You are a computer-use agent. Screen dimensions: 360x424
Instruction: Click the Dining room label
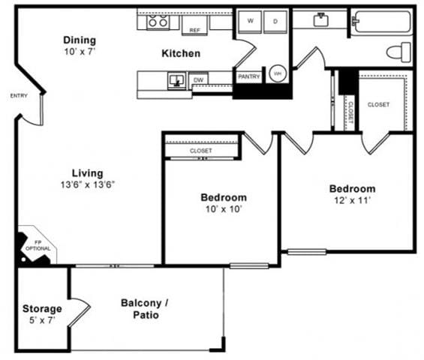click(79, 40)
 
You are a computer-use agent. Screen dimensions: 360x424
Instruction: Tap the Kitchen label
click(181, 53)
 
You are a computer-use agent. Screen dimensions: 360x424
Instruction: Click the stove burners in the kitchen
click(158, 22)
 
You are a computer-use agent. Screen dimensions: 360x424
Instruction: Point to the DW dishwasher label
click(199, 79)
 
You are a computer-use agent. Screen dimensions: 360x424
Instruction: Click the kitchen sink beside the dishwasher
click(177, 79)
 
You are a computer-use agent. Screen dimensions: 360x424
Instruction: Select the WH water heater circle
click(278, 73)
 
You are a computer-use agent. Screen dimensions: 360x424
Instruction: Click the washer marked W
click(250, 22)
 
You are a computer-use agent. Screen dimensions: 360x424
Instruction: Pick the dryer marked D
click(275, 22)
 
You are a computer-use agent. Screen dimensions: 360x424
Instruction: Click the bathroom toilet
click(400, 51)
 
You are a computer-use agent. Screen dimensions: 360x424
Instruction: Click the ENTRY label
click(19, 95)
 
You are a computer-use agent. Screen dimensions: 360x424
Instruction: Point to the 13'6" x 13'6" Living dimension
click(88, 184)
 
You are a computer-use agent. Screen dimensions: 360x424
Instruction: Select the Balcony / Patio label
click(145, 309)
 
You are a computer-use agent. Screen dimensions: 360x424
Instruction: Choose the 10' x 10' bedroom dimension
click(223, 209)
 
